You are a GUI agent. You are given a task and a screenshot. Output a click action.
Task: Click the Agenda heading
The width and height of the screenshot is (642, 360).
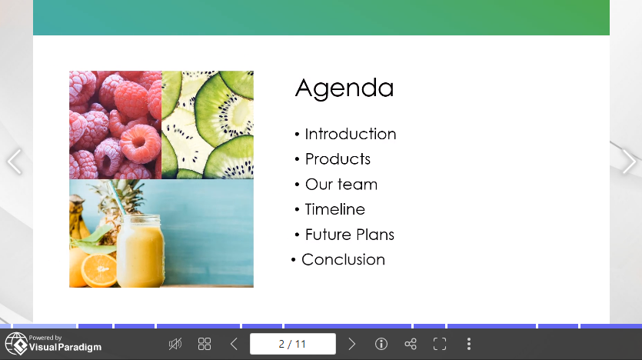point(344,88)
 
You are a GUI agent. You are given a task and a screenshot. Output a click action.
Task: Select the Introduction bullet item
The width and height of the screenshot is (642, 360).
point(350,134)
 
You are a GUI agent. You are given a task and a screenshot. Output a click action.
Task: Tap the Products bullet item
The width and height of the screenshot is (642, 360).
point(338,159)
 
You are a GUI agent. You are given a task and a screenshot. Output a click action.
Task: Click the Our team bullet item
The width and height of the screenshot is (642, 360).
point(341,185)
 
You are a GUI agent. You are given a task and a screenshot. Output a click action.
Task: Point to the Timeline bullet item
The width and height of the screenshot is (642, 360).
point(334,209)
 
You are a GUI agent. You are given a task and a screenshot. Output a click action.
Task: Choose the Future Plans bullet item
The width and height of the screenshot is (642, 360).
point(349,235)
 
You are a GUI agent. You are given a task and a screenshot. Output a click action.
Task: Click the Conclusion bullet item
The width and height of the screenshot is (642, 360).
point(343,260)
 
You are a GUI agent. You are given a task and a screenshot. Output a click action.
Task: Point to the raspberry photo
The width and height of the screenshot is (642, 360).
point(115,125)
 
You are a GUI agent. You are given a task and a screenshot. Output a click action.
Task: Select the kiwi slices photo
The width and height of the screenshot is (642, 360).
point(208,125)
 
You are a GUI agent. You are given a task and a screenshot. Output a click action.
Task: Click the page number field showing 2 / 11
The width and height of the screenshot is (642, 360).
point(292,344)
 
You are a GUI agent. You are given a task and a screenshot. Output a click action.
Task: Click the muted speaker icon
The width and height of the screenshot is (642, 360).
point(175,344)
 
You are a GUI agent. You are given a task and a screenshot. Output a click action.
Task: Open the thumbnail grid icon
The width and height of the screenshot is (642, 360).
point(205,344)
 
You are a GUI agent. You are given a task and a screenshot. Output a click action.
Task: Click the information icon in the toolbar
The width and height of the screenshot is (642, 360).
point(381,344)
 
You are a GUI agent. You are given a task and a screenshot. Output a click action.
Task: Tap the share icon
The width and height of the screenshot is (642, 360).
point(410,344)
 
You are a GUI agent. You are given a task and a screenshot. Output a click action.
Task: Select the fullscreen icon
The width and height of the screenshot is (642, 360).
point(439,344)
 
